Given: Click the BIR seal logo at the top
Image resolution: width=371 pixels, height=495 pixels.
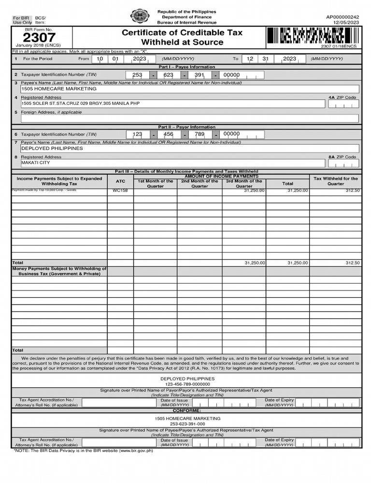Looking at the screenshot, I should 140,16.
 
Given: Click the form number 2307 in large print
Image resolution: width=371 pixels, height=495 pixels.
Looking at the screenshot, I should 39,38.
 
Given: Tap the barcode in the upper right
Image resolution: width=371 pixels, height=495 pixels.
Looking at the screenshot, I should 312,36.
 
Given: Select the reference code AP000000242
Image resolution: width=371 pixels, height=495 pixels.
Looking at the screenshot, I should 342,16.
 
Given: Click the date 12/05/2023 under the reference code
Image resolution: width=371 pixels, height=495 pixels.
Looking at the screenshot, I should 346,22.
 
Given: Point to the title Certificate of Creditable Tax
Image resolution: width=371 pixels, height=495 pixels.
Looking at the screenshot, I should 182,33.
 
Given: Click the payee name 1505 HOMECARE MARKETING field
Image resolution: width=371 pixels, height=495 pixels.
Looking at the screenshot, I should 59,89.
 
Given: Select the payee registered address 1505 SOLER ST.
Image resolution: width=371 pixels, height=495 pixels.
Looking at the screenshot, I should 80,103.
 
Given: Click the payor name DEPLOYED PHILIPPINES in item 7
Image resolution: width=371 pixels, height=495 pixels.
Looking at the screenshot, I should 52,148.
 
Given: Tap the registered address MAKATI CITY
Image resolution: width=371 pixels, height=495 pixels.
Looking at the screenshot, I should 36,163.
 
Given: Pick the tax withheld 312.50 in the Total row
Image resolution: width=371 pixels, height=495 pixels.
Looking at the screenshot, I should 352,262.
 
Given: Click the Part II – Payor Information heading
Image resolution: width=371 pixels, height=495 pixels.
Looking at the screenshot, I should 186,127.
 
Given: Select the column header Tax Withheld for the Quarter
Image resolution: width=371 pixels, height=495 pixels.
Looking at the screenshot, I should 335,181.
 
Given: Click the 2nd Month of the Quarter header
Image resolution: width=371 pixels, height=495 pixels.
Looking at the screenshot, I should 200,183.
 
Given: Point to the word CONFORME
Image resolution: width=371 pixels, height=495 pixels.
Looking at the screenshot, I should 186,410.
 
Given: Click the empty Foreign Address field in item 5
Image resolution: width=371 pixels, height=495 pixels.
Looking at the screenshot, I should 189,118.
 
